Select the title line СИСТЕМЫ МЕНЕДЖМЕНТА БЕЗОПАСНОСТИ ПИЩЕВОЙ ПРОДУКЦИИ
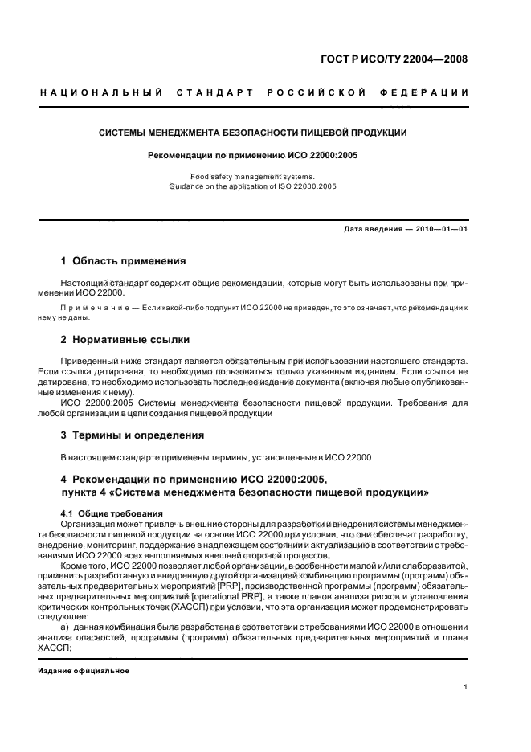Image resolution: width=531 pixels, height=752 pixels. point(253,133)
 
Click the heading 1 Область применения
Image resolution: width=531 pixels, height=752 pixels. point(124,261)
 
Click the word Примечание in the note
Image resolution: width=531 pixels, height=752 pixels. point(95,308)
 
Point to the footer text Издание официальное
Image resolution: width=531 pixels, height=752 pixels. point(84,670)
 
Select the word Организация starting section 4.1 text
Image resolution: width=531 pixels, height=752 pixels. point(87,523)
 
